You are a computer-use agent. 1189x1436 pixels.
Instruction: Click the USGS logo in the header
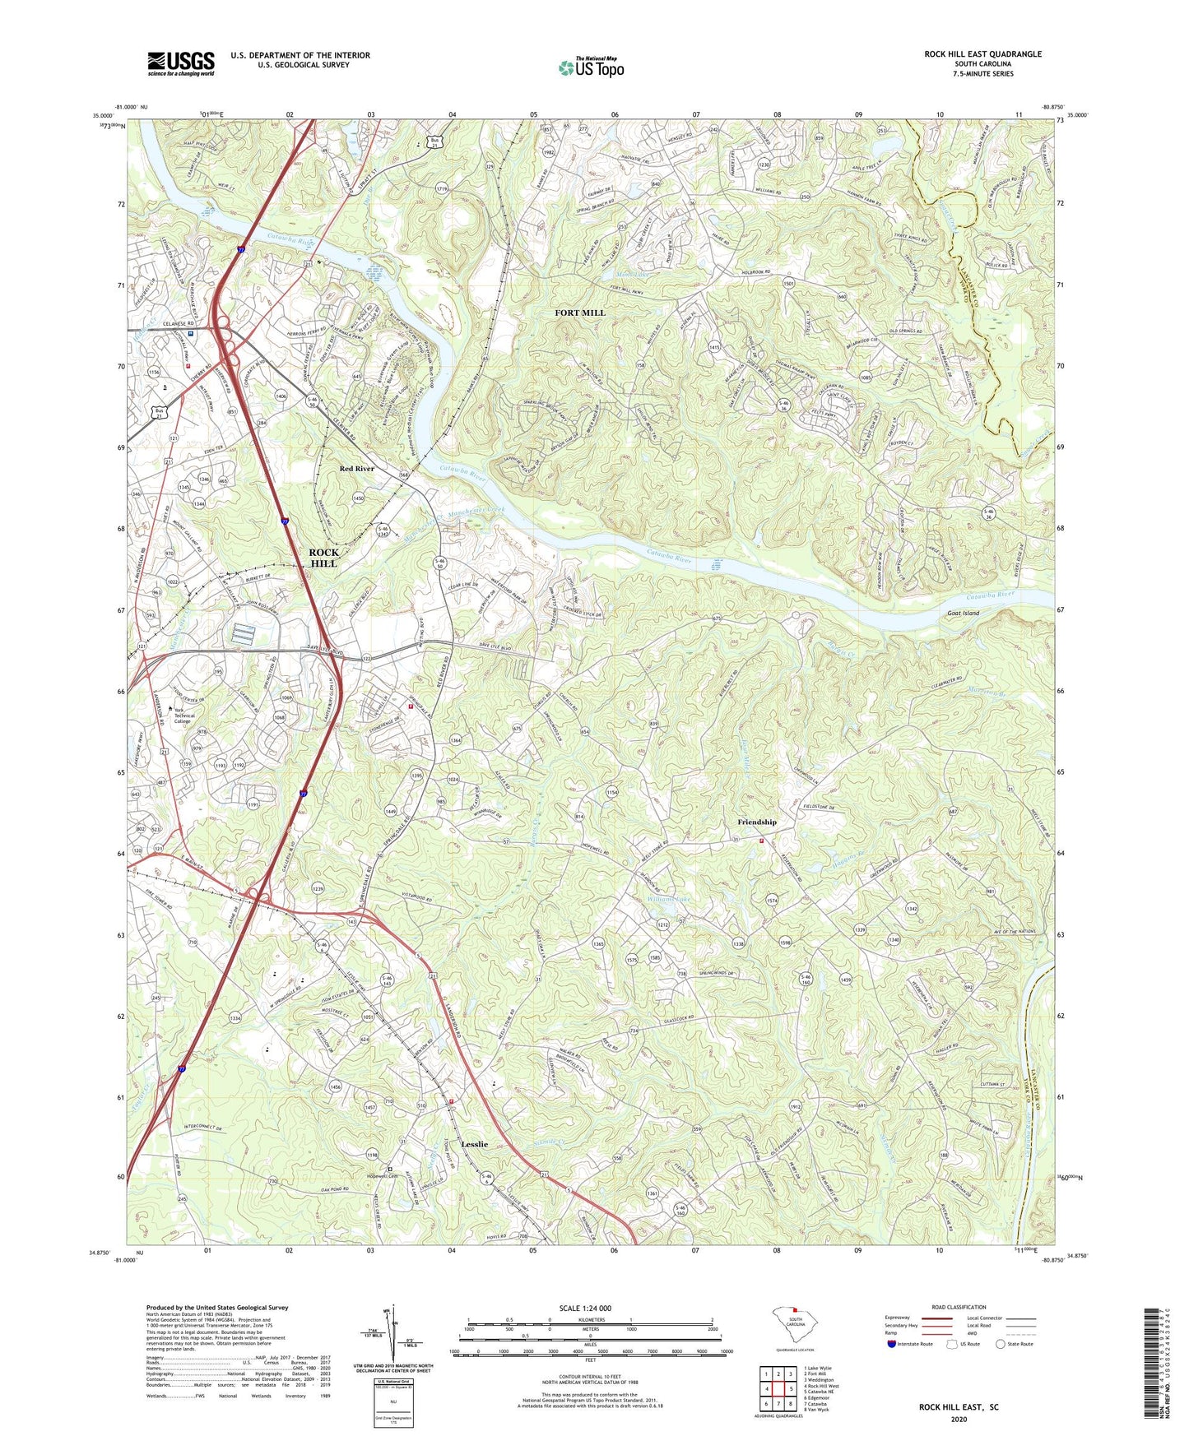pyautogui.click(x=181, y=63)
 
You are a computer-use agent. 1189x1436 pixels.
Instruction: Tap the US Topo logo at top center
pyautogui.click(x=590, y=67)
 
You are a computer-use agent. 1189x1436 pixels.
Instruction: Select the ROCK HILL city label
pyautogui.click(x=323, y=558)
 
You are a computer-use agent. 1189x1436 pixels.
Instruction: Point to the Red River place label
pyautogui.click(x=357, y=468)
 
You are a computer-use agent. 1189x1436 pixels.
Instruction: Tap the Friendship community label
pyautogui.click(x=756, y=822)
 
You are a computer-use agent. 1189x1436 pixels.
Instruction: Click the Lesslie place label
pyautogui.click(x=474, y=1144)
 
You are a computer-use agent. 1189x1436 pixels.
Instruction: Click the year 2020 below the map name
pyautogui.click(x=959, y=1419)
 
